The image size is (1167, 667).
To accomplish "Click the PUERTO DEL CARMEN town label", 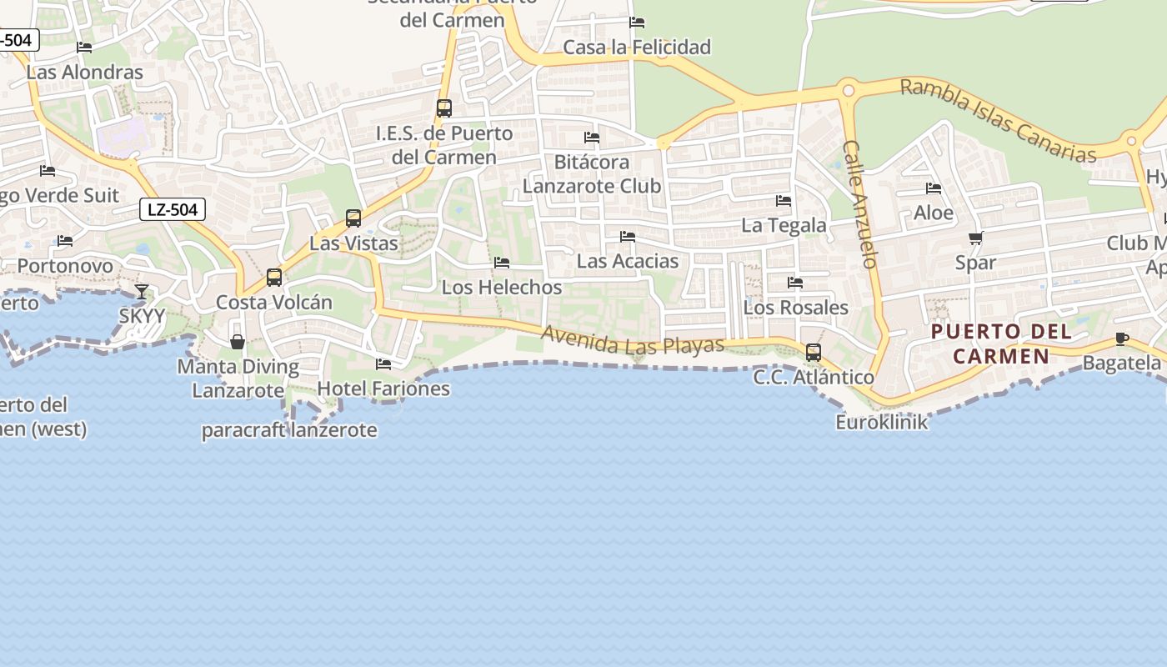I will [1001, 344].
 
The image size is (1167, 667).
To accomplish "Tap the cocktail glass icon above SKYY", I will [142, 291].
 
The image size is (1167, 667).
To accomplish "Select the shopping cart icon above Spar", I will [976, 238].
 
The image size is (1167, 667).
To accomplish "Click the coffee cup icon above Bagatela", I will [1121, 339].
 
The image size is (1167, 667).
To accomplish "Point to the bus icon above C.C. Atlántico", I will [813, 352].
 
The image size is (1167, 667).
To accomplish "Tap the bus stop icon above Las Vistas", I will [353, 218].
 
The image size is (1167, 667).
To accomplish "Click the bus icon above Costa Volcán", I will [273, 277].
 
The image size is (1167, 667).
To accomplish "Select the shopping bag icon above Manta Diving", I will [238, 342].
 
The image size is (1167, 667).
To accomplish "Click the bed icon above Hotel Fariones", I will [383, 364].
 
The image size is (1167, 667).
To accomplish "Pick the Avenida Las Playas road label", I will [633, 339].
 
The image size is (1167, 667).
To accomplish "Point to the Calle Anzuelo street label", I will [860, 203].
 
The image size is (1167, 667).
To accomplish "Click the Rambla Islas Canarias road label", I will [998, 121].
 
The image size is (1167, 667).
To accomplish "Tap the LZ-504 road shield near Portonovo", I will [173, 209].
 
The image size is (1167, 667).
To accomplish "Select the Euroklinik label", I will [882, 422].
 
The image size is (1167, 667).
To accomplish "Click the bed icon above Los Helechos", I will [502, 262].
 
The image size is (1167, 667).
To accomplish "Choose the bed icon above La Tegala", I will [784, 200].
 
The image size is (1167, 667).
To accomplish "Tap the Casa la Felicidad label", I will [637, 47].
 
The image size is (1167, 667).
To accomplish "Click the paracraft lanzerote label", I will [289, 430].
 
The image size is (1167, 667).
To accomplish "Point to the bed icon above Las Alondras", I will [84, 48].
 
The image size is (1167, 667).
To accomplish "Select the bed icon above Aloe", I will [934, 188].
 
